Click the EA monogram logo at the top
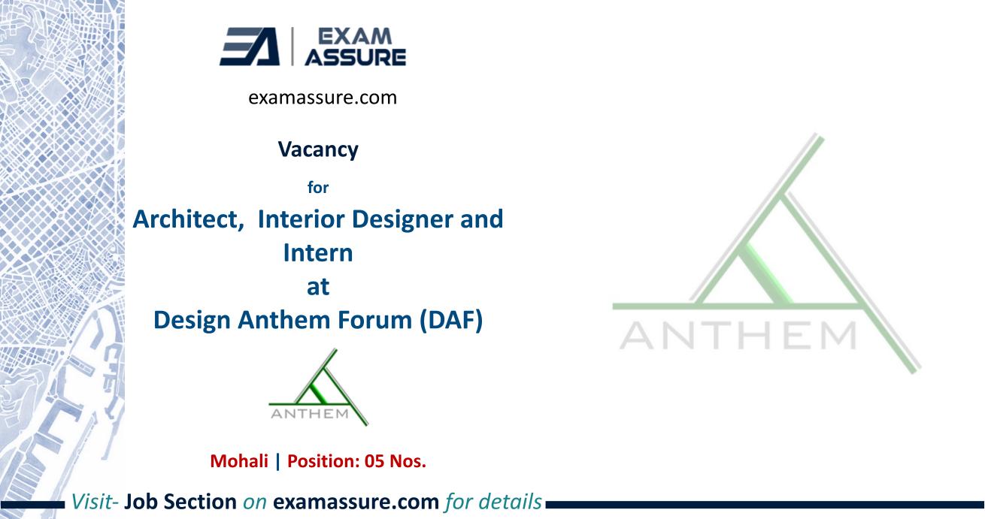pyautogui.click(x=250, y=47)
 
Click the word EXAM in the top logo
pyautogui.click(x=355, y=37)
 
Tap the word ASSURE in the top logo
pyautogui.click(x=356, y=57)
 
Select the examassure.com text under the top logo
pyautogui.click(x=323, y=98)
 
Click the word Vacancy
pyautogui.click(x=318, y=149)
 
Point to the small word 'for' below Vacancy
pyautogui.click(x=318, y=188)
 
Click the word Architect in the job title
pyautogui.click(x=188, y=219)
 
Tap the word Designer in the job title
pyautogui.click(x=402, y=219)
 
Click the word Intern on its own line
pyautogui.click(x=318, y=253)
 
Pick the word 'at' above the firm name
pyautogui.click(x=318, y=287)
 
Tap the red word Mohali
pyautogui.click(x=239, y=461)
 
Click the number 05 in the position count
pyautogui.click(x=374, y=461)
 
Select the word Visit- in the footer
pyautogui.click(x=95, y=502)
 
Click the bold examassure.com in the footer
pyautogui.click(x=356, y=502)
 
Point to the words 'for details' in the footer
pyautogui.click(x=493, y=502)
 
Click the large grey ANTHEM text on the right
pyautogui.click(x=738, y=336)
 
